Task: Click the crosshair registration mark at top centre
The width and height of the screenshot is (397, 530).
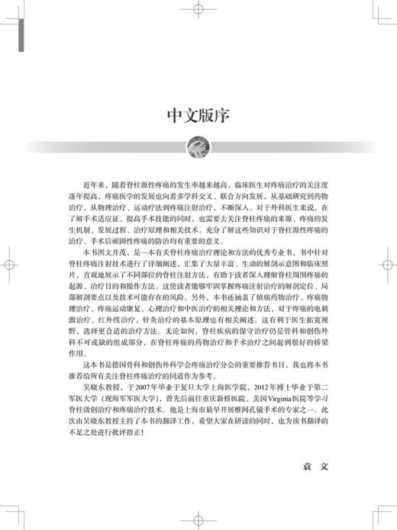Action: [198, 11]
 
